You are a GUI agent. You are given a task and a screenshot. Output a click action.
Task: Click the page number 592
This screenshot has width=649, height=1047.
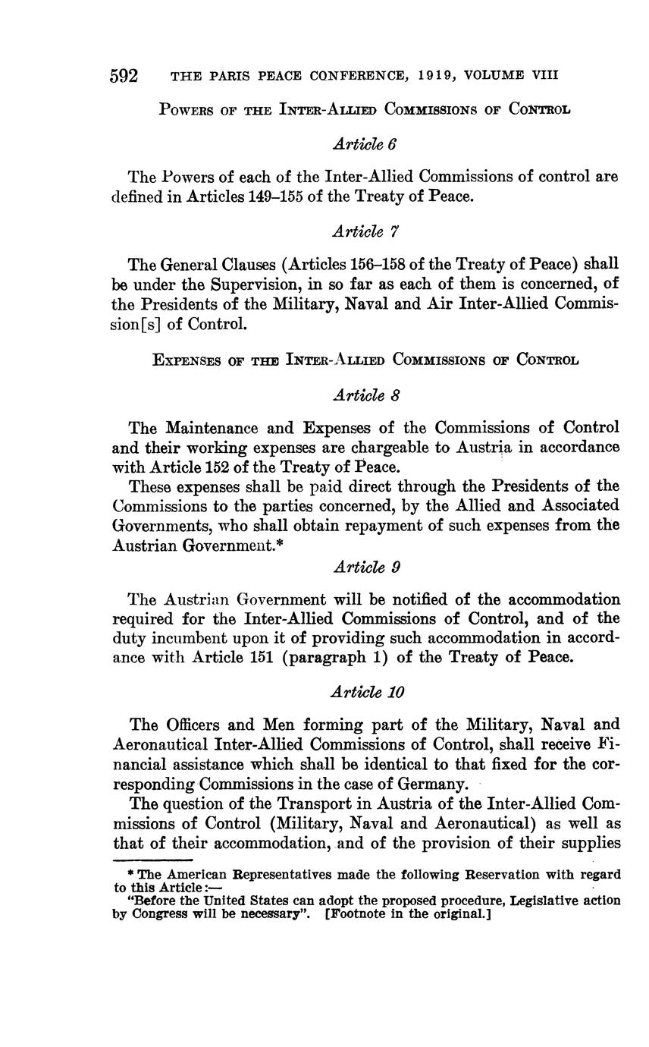(x=124, y=76)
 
